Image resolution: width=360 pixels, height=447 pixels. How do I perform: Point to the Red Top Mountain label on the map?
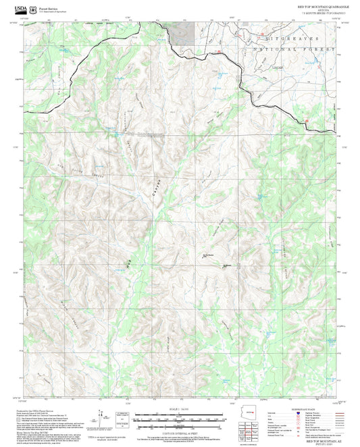click(x=206, y=255)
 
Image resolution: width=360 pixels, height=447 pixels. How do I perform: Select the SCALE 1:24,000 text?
click(x=180, y=409)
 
